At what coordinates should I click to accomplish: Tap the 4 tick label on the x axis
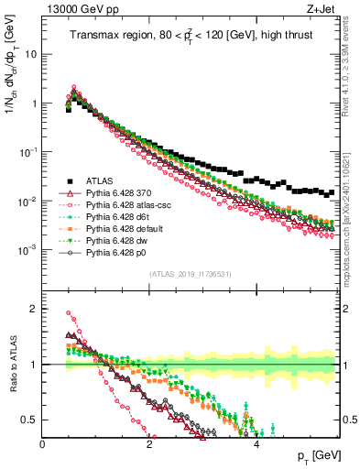(x=256, y=446)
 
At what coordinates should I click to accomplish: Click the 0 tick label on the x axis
(x=43, y=446)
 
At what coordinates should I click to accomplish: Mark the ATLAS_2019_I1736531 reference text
(x=190, y=274)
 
